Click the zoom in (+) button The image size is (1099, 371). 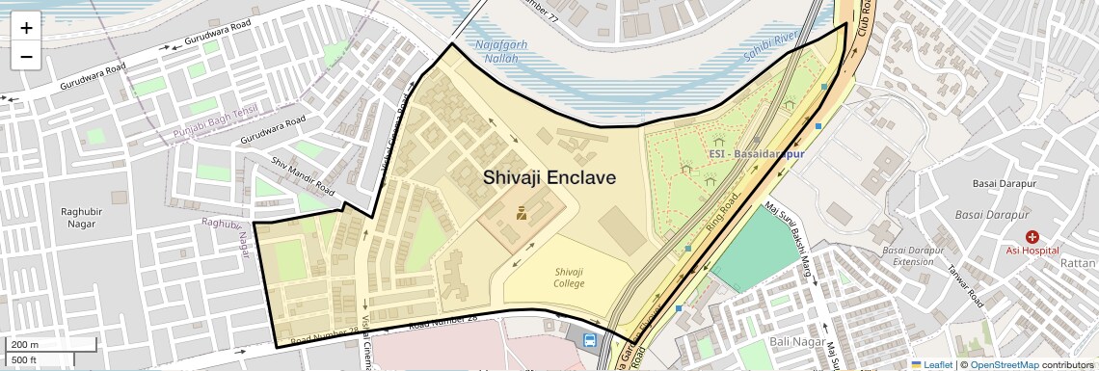(x=26, y=27)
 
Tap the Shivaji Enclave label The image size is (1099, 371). (x=549, y=177)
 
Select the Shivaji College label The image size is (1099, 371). (x=569, y=278)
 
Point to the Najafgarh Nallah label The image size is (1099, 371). (x=496, y=51)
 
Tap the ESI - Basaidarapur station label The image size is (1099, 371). (x=756, y=153)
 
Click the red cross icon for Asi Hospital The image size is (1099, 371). (x=1032, y=236)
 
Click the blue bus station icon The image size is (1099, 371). (x=589, y=339)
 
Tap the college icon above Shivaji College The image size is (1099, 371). (x=522, y=213)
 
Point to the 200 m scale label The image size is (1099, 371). (x=26, y=344)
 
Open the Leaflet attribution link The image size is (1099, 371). (x=931, y=364)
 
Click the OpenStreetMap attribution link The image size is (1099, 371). (x=1004, y=364)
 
